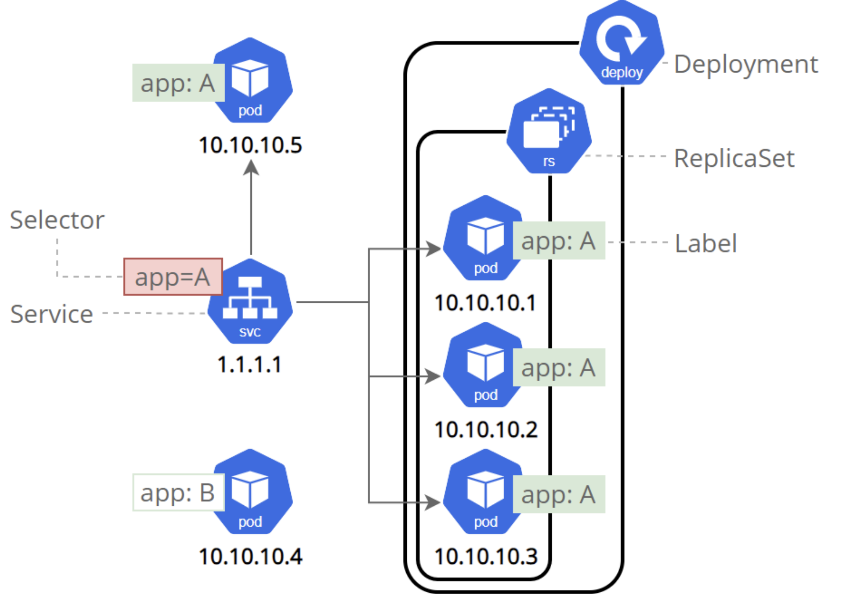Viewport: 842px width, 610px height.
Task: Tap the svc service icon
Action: pyautogui.click(x=250, y=302)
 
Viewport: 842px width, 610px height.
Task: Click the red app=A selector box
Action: pyautogui.click(x=173, y=277)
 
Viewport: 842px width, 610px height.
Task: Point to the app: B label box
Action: pyautogui.click(x=178, y=492)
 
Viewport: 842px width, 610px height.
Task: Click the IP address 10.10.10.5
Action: pyautogui.click(x=250, y=145)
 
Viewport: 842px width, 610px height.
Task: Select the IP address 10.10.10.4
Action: pyautogui.click(x=250, y=557)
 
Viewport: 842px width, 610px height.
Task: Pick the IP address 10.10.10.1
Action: pyautogui.click(x=485, y=303)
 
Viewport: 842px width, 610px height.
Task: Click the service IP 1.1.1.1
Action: pyautogui.click(x=250, y=365)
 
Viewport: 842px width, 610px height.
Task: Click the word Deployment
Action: pyautogui.click(x=746, y=64)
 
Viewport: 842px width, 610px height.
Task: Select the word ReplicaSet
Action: pyautogui.click(x=734, y=158)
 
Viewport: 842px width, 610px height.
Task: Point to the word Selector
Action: pyautogui.click(x=57, y=220)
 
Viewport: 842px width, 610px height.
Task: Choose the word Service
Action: pyautogui.click(x=52, y=314)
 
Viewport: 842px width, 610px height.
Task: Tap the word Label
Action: pyautogui.click(x=706, y=244)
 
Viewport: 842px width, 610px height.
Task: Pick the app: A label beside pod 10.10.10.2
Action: pyautogui.click(x=559, y=368)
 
